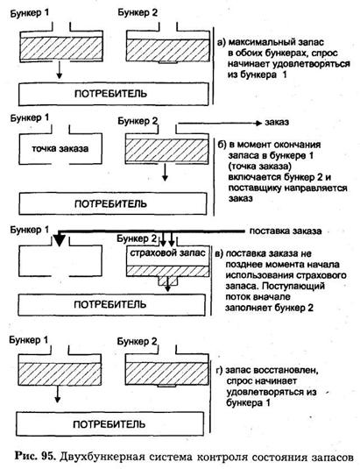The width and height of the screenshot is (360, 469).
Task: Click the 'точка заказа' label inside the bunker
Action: pyautogui.click(x=60, y=148)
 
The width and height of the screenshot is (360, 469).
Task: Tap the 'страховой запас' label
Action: pyautogui.click(x=167, y=253)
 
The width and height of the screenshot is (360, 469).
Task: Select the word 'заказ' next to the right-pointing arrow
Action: pyautogui.click(x=277, y=123)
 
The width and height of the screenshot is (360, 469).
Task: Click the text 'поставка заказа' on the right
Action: pyautogui.click(x=286, y=231)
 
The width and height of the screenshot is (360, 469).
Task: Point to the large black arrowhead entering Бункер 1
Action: pyautogui.click(x=60, y=240)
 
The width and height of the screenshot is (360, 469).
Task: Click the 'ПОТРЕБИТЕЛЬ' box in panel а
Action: pyautogui.click(x=114, y=94)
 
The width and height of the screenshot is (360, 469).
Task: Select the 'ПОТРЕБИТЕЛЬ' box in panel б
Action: pyautogui.click(x=113, y=203)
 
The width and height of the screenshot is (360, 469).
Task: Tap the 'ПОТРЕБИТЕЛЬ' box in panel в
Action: pyautogui.click(x=112, y=305)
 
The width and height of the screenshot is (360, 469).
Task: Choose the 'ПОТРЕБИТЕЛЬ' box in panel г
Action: pyautogui.click(x=110, y=423)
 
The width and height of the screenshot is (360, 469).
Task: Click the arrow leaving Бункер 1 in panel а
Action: pyautogui.click(x=60, y=69)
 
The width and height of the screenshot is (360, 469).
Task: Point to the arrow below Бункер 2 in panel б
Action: pyautogui.click(x=165, y=172)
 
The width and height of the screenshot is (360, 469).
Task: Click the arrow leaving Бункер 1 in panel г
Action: pyautogui.click(x=58, y=394)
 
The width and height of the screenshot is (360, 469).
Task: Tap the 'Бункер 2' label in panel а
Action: pyautogui.click(x=138, y=13)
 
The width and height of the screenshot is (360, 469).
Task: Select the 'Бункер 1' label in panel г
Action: pyautogui.click(x=29, y=340)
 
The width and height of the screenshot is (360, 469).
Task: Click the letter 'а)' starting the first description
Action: pyautogui.click(x=221, y=42)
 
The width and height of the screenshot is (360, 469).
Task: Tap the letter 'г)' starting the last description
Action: pyautogui.click(x=219, y=371)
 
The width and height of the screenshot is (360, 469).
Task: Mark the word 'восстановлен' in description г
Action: pyautogui.click(x=286, y=370)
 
